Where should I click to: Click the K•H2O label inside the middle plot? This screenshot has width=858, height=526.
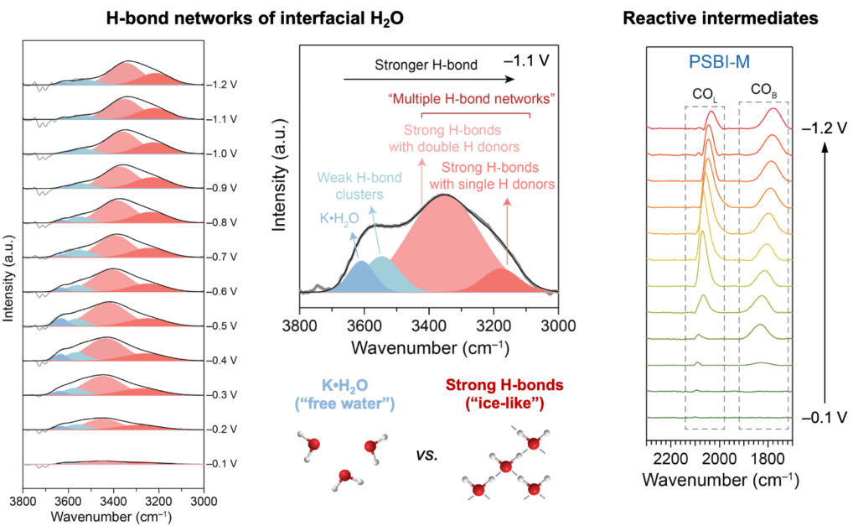341,220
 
